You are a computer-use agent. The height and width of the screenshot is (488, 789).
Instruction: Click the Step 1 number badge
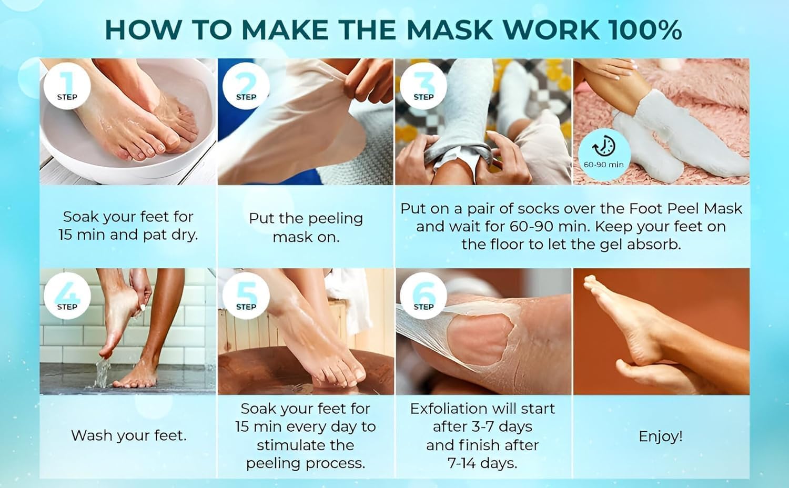[67, 86]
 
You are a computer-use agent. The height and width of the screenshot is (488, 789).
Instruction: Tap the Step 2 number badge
[246, 86]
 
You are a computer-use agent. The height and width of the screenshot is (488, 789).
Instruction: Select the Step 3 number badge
[423, 86]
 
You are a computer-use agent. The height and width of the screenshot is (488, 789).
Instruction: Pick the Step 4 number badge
[67, 296]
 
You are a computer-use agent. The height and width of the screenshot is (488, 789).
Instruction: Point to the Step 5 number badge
[246, 296]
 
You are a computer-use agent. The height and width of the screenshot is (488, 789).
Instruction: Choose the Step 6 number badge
[423, 296]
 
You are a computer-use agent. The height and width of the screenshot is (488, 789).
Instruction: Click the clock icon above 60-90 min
[604, 146]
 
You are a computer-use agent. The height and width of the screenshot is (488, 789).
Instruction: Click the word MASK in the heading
[450, 29]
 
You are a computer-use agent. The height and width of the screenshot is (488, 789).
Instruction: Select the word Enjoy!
[661, 436]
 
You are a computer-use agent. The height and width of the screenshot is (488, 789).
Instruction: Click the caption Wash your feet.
[128, 435]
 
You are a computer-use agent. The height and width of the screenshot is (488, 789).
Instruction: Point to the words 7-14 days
[482, 463]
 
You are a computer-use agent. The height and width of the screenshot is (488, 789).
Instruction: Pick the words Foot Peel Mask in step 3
[685, 209]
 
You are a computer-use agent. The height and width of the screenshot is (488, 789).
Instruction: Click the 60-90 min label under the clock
[604, 165]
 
